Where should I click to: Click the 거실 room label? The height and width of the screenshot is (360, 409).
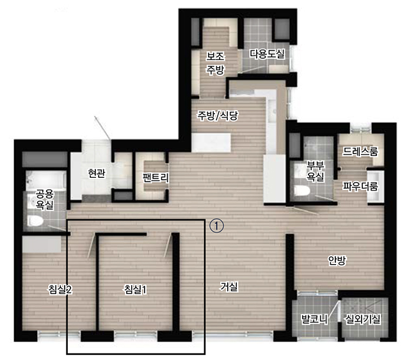[x=229, y=287]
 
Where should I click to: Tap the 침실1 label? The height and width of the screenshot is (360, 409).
[x=136, y=290]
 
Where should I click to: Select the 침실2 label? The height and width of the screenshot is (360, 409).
[x=60, y=289]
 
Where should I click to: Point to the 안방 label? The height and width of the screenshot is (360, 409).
[x=337, y=260]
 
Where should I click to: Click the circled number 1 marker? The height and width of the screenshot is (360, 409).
[x=217, y=226]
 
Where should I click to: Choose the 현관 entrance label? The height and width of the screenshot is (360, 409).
[x=97, y=173]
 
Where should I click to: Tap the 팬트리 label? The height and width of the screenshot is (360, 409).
[x=156, y=177]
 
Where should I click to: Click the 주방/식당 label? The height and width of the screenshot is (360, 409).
[x=218, y=115]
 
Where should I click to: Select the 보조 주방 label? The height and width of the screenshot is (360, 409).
[x=216, y=63]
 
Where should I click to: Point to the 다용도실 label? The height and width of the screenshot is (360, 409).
[x=267, y=54]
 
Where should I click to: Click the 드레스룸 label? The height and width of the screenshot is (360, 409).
[x=360, y=151]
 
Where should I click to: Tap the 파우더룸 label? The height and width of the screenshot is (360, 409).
[x=360, y=186]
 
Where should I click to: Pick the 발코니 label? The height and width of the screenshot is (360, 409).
[x=314, y=319]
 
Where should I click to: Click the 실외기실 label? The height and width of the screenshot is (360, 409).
[x=363, y=319]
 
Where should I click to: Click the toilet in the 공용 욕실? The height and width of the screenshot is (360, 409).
[x=35, y=221]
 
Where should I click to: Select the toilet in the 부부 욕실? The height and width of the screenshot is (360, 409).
[x=302, y=190]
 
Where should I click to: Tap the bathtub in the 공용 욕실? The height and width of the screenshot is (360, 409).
[x=46, y=180]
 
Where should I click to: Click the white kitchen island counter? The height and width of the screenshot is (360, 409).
[x=211, y=143]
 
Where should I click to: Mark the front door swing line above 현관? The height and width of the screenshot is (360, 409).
[x=102, y=128]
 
